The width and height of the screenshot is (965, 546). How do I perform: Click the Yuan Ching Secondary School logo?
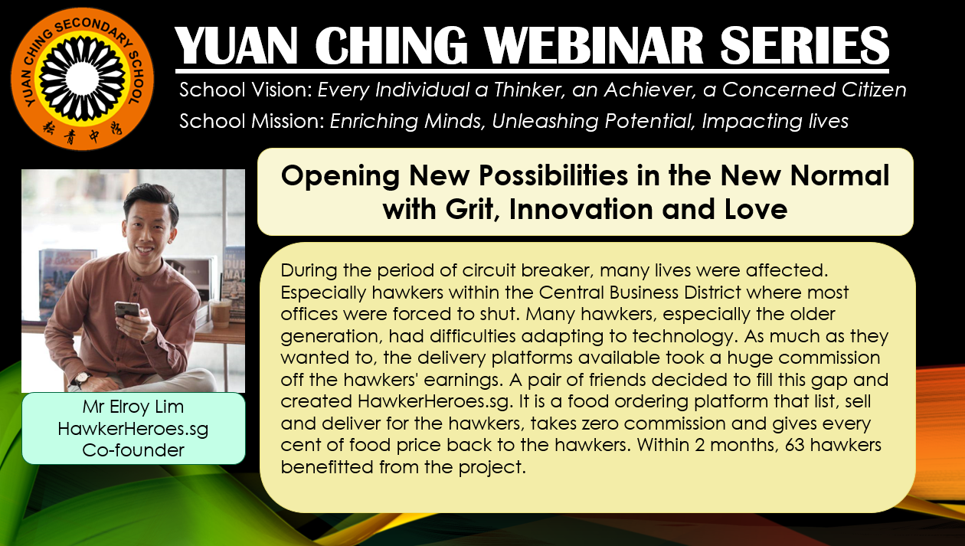[82, 79]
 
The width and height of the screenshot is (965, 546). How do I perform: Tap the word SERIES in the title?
[804, 46]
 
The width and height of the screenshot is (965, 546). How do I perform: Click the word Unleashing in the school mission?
[545, 122]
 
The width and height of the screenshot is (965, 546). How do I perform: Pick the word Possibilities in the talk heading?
[553, 176]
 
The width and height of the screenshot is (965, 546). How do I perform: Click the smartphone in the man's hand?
[126, 310]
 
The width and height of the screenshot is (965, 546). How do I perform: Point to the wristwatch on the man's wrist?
[81, 379]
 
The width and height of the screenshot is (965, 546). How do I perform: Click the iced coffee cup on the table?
[220, 313]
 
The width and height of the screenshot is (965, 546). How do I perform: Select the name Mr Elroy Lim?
[133, 407]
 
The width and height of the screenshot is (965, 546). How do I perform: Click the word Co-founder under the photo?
[133, 450]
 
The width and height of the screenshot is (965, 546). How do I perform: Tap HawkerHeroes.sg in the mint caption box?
[133, 429]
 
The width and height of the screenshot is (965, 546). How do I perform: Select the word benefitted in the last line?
[327, 467]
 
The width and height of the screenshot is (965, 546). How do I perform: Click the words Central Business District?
[640, 293]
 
